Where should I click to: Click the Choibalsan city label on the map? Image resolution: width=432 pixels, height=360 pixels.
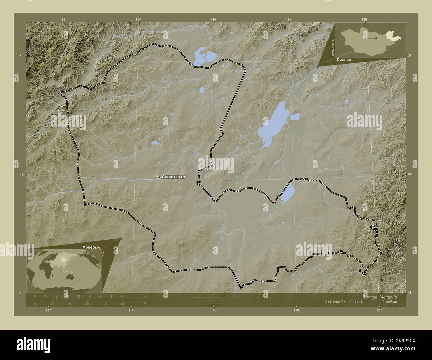click(173, 177)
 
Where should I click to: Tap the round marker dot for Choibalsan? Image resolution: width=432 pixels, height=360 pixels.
click(159, 177)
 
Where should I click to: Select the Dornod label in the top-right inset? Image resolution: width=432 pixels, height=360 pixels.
click(344, 59)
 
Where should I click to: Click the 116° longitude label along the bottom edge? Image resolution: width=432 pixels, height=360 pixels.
click(214, 310)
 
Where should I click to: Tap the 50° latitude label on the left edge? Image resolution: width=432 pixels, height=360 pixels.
click(22, 56)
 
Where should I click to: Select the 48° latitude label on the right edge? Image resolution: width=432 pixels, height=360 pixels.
click(409, 174)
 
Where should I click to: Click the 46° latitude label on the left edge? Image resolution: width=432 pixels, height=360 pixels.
click(22, 293)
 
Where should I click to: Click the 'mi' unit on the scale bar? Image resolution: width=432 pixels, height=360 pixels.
click(146, 303)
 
